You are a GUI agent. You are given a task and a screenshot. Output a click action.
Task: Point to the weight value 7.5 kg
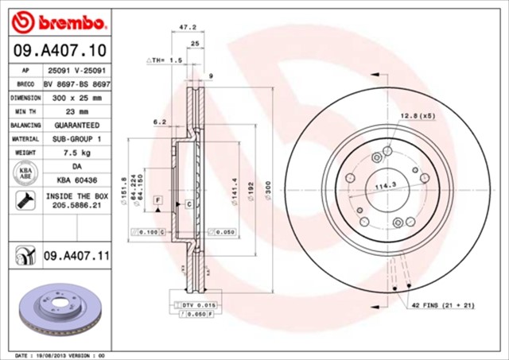pyautogui.click(x=77, y=152)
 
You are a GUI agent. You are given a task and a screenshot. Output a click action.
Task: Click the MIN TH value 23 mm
pyautogui.click(x=77, y=111)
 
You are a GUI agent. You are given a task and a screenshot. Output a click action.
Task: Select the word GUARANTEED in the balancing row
pyautogui.click(x=77, y=126)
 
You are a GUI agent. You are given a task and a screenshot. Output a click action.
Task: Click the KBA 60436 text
pyautogui.click(x=77, y=180)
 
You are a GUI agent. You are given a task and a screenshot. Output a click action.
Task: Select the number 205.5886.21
pyautogui.click(x=77, y=206)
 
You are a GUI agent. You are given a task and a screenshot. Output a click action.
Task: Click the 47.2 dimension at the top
pyautogui.click(x=187, y=27)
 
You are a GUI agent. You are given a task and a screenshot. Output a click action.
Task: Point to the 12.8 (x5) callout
pyautogui.click(x=417, y=116)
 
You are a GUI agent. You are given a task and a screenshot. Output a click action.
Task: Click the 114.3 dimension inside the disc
pyautogui.click(x=385, y=188)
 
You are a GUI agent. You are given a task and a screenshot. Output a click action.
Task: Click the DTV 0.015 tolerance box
pyautogui.click(x=193, y=305)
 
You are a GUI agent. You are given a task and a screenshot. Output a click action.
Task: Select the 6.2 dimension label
pyautogui.click(x=158, y=122)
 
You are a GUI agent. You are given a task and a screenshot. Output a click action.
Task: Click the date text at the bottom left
pyautogui.click(x=60, y=354)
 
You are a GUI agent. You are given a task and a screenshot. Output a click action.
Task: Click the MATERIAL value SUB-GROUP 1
pyautogui.click(x=77, y=138)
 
